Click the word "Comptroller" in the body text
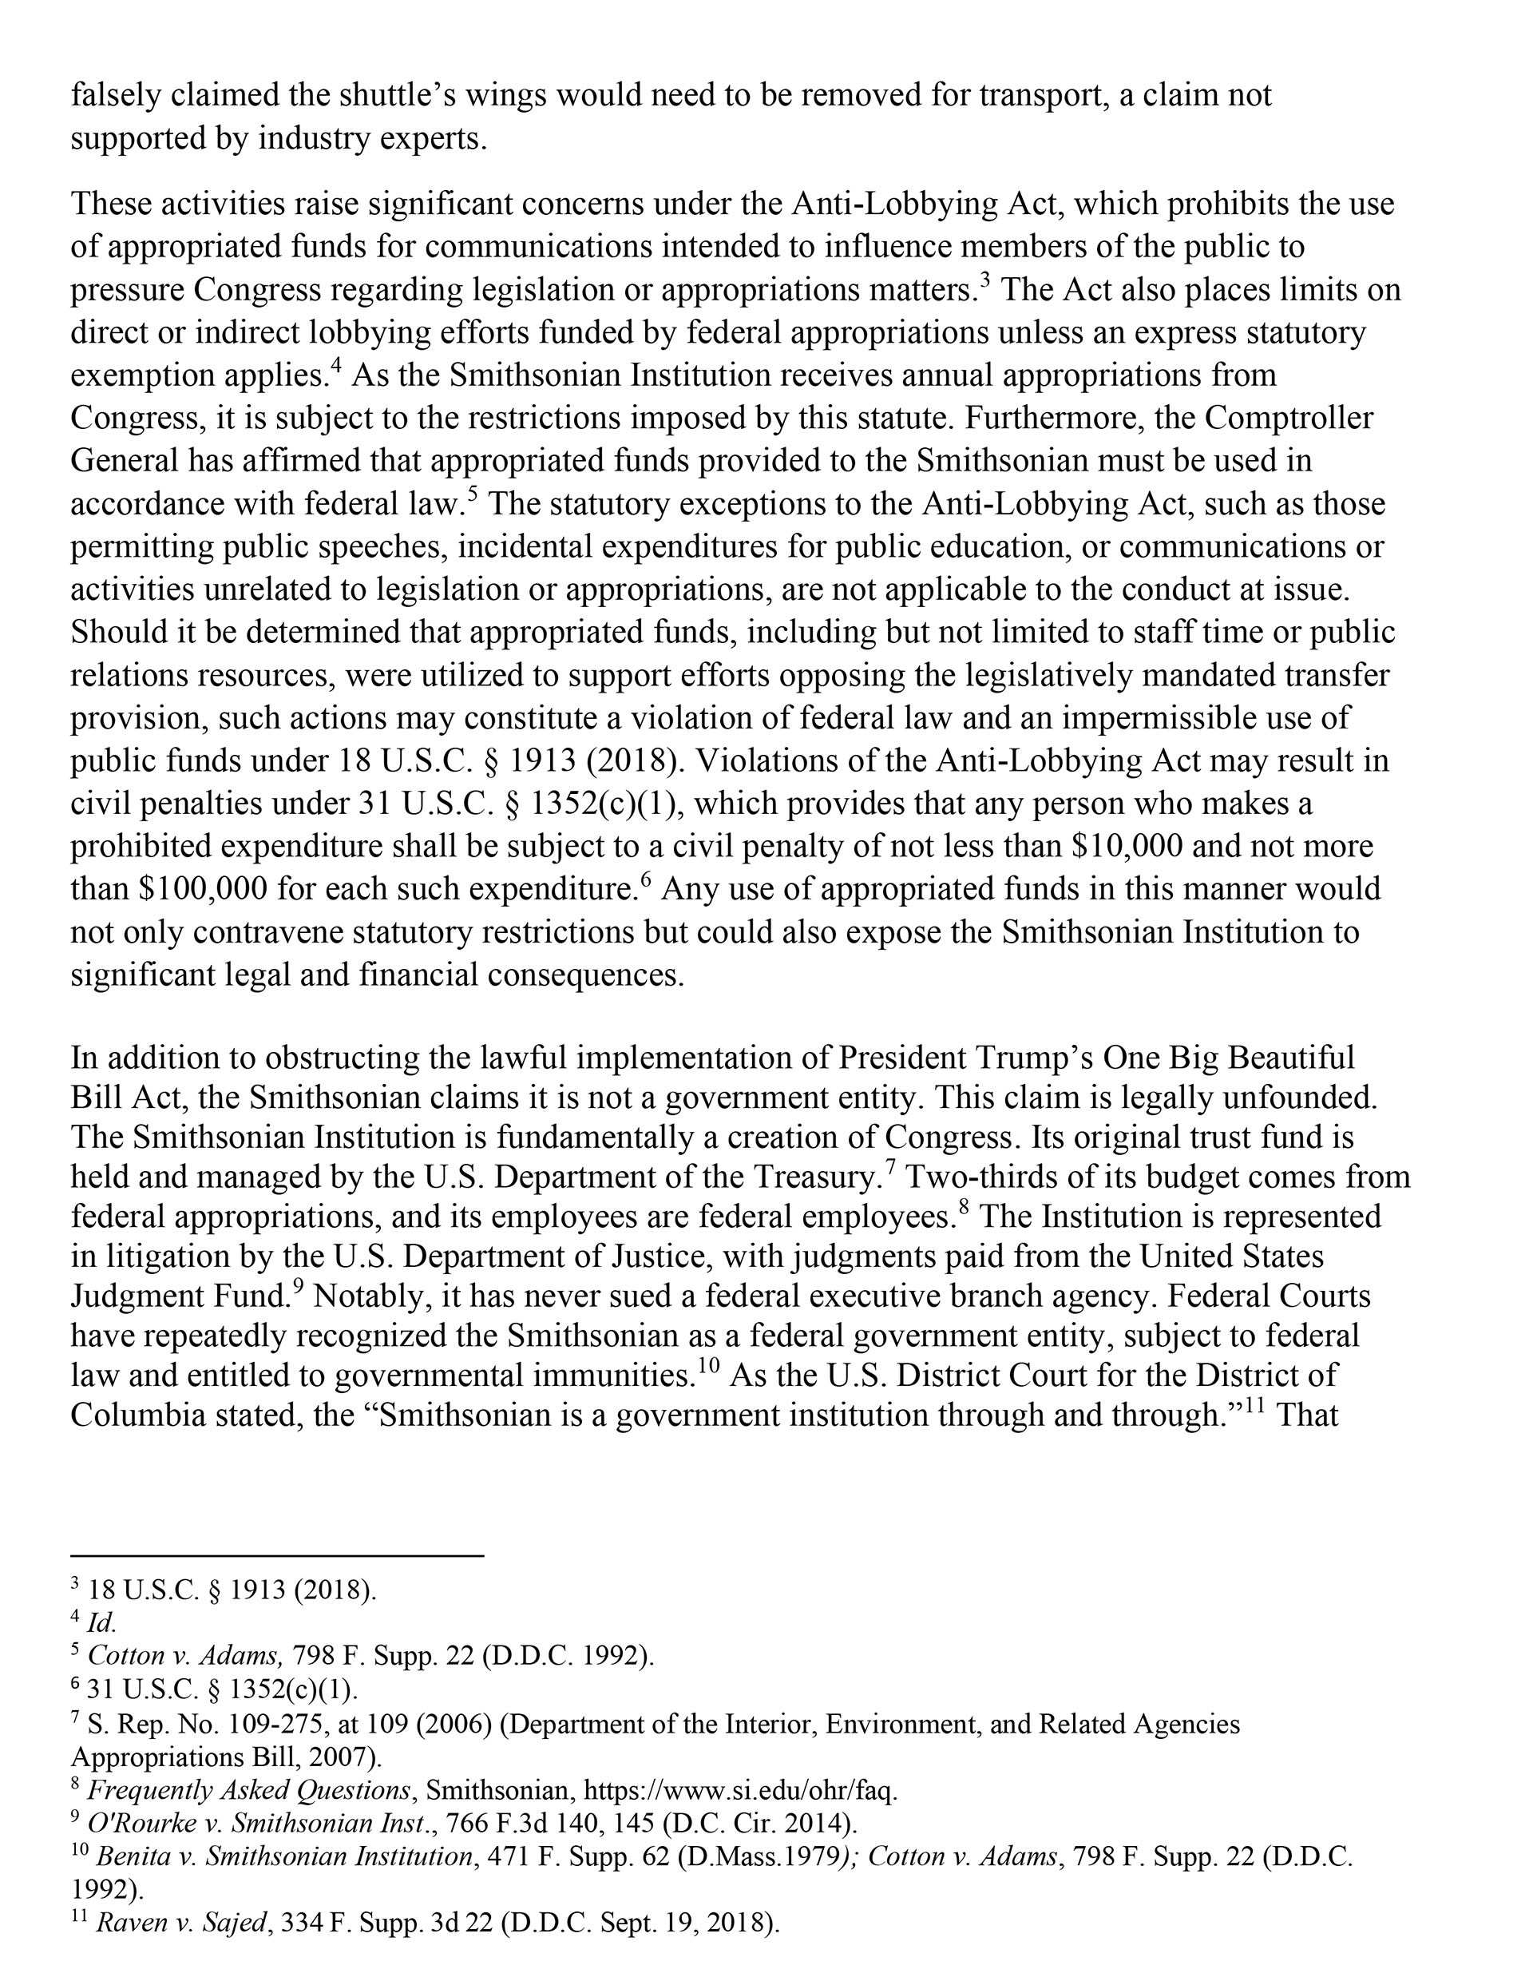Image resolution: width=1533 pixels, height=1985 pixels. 1289,418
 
